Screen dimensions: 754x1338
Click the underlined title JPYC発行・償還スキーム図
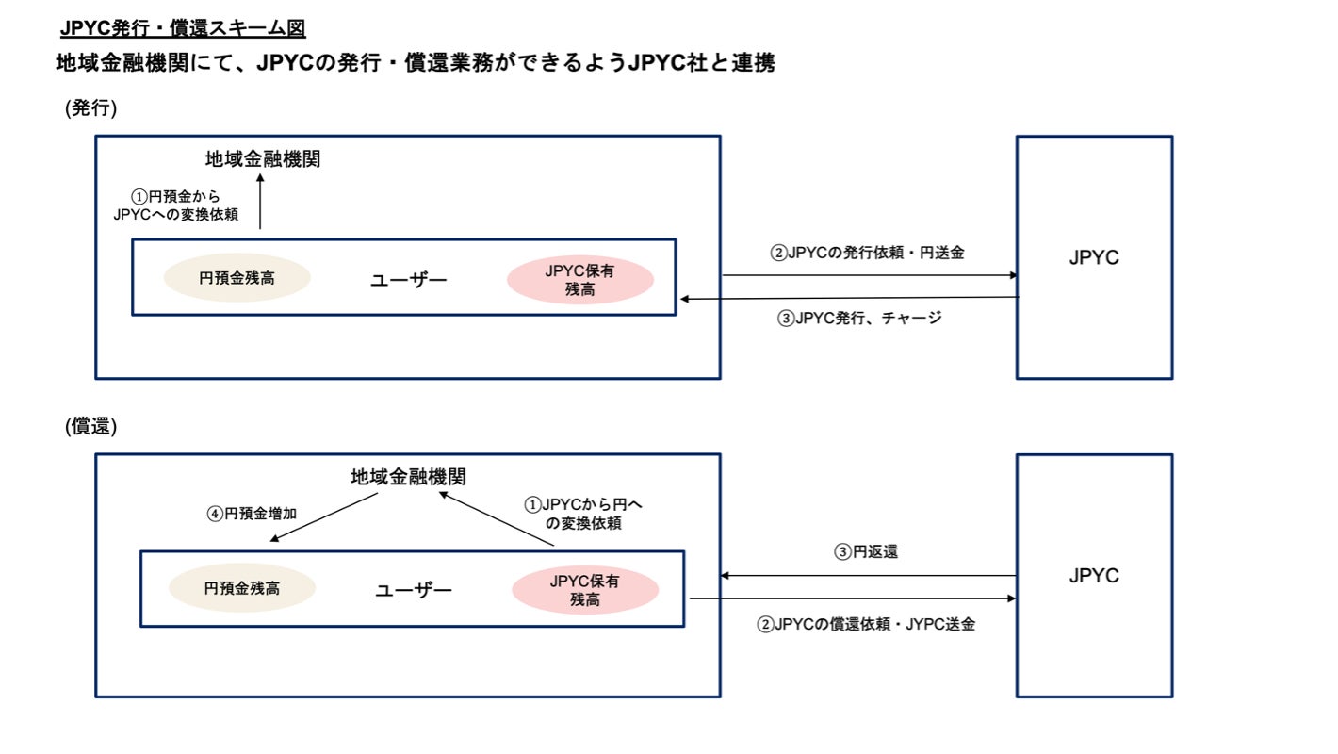183,28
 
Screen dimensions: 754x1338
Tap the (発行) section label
90,108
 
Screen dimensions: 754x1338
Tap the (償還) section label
90,426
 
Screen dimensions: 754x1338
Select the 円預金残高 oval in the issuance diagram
237,278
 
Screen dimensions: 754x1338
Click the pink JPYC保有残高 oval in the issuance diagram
581,280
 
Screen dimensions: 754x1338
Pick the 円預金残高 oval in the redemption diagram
242,588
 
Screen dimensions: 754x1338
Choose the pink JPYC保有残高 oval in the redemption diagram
585,590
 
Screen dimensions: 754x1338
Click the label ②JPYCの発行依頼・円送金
867,253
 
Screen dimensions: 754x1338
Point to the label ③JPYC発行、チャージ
859,318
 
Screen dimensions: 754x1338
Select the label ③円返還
866,552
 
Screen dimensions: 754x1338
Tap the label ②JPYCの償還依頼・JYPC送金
866,624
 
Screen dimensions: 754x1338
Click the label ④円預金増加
252,514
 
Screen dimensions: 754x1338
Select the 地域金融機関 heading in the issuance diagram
263,159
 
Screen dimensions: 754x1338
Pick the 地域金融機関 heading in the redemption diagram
408,477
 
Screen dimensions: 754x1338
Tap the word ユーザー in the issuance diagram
409,279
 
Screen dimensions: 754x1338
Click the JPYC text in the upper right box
1094,257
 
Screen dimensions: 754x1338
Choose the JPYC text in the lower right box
1094,576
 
